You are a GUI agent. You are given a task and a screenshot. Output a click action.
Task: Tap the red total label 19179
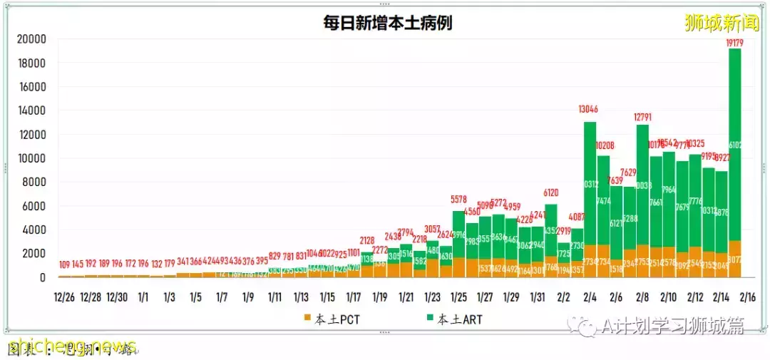point(734,43)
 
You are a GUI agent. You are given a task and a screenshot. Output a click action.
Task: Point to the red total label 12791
point(642,117)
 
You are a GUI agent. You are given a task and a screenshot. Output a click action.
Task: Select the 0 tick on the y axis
point(43,277)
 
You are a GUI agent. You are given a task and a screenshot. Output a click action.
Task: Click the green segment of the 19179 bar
point(734,143)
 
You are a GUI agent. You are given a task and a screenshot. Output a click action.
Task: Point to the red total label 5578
point(458,199)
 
